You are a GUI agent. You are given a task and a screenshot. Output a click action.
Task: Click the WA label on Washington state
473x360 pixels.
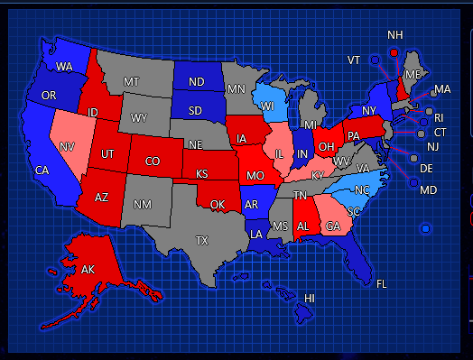(64, 67)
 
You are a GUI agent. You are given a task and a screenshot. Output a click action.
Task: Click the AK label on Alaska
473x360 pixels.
(88, 270)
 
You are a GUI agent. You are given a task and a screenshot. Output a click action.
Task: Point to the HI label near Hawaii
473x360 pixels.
(310, 298)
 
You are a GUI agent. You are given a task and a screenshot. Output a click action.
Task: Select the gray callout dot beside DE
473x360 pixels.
(414, 158)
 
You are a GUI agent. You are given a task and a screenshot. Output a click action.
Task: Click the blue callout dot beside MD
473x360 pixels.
(412, 182)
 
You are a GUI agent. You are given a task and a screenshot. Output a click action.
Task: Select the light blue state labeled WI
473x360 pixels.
(267, 105)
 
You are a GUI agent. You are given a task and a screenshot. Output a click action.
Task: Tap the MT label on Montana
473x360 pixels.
(132, 82)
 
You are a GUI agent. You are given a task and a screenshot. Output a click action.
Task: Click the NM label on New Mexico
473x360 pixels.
(142, 205)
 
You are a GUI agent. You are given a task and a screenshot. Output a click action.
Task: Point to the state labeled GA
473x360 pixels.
(333, 226)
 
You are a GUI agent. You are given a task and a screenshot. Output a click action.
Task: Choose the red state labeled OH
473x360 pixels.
(326, 148)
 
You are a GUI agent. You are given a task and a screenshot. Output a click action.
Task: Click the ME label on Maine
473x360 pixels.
(413, 74)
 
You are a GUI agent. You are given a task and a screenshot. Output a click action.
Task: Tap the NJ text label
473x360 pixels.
(432, 146)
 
